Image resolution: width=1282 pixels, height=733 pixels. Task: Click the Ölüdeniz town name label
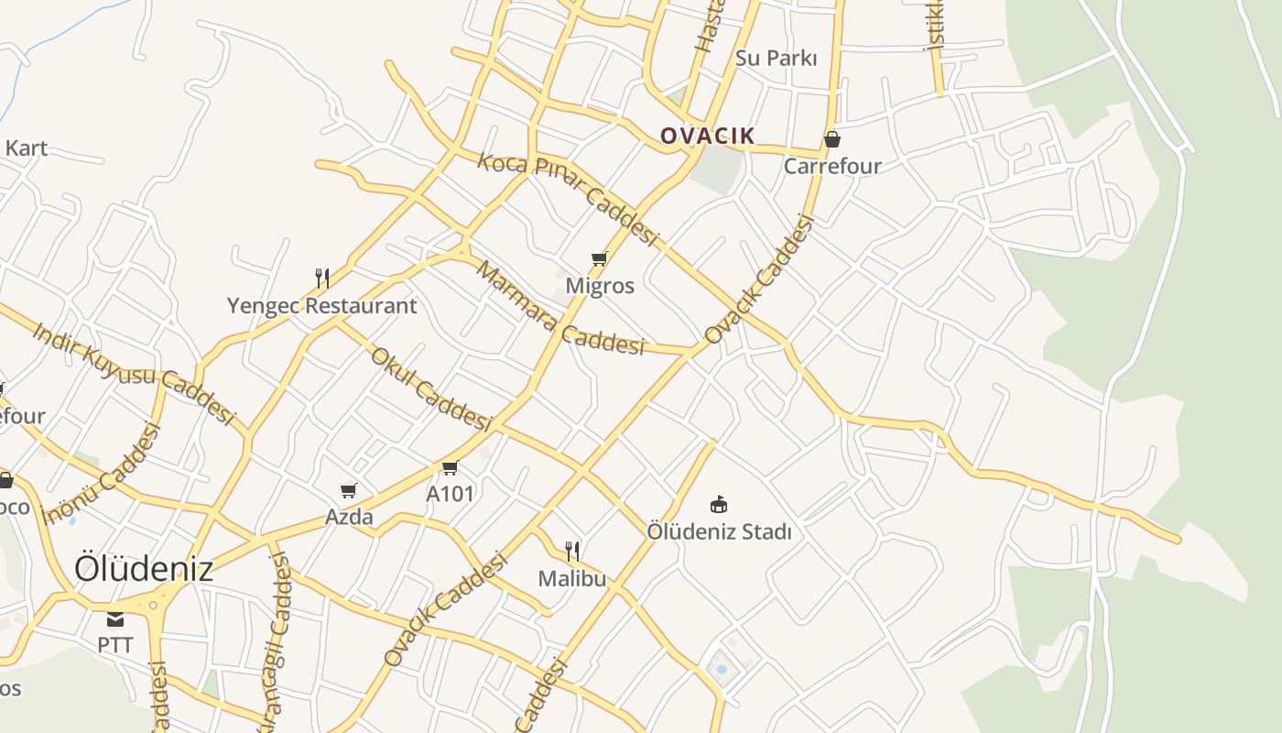(x=144, y=568)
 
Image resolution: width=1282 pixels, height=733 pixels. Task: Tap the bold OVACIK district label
(x=708, y=136)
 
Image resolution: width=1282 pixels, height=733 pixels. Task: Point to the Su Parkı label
(x=776, y=58)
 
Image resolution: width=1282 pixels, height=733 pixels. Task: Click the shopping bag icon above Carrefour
(x=832, y=140)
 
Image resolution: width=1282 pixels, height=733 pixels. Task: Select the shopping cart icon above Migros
(x=600, y=259)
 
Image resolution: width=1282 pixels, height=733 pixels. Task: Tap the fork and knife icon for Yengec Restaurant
(x=322, y=279)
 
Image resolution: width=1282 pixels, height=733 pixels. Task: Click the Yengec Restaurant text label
(x=322, y=306)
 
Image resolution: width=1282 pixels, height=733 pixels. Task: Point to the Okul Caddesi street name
(x=431, y=388)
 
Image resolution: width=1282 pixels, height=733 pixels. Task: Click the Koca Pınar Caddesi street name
(x=568, y=198)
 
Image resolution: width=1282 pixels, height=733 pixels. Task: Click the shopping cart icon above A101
(x=450, y=468)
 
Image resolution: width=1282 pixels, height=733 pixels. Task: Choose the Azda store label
(x=349, y=518)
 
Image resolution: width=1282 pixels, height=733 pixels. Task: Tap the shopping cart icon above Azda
(x=348, y=491)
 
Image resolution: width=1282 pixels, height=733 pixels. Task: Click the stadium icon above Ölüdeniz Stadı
(x=719, y=504)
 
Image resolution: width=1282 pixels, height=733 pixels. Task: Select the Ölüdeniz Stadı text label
(x=719, y=531)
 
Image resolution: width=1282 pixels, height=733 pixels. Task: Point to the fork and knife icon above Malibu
(x=572, y=551)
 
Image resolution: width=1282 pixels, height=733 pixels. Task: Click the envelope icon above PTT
(x=115, y=620)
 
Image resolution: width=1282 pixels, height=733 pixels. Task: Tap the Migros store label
(x=600, y=286)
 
